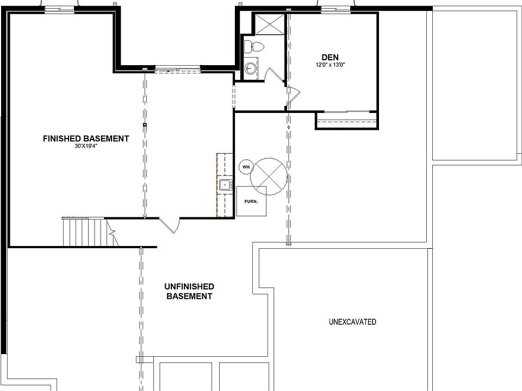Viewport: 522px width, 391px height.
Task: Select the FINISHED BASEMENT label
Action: pos(86,138)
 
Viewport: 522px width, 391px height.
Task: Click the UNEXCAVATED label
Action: pos(352,322)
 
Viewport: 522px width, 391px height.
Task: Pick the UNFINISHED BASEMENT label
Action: pos(189,292)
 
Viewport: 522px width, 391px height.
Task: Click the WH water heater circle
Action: pos(246,167)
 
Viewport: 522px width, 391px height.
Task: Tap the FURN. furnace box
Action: pos(251,201)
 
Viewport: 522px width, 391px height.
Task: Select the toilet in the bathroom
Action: pos(253,46)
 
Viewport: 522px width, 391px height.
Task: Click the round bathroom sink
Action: pos(251,68)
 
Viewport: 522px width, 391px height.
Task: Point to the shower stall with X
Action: pos(267,24)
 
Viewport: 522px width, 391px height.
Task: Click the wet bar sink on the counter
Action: pos(225,185)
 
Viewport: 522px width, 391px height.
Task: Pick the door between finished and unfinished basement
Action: pos(170,224)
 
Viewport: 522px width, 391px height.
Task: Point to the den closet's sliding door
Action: pos(346,112)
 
